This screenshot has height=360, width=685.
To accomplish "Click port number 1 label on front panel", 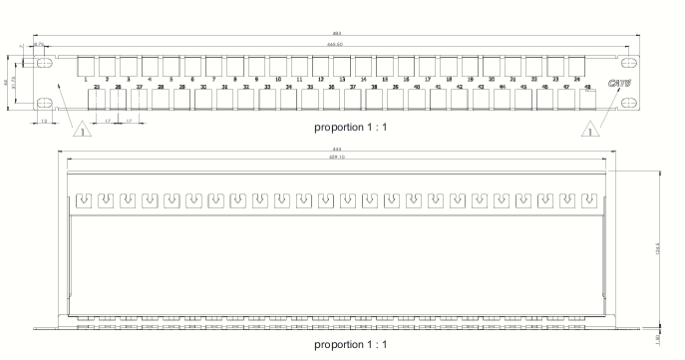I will pos(87,78).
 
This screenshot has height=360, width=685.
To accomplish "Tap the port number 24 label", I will pos(576,78).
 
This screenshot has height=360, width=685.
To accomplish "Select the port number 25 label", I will pos(97,88).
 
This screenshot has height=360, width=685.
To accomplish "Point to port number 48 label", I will pos(587,88).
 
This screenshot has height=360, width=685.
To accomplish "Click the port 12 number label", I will pos(320,78).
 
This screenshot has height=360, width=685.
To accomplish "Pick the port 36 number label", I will pos(332,88).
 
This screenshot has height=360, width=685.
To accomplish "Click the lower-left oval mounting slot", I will pos(45,103).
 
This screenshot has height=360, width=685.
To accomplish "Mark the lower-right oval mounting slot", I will pos(626,103).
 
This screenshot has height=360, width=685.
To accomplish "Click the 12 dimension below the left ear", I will pos(45,122).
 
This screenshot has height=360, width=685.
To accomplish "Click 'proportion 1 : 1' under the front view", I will pos(349,129).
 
